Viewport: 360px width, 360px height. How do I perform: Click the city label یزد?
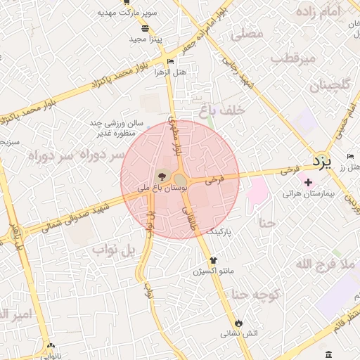(x=322, y=161)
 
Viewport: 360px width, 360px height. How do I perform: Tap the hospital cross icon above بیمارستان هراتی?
(x=308, y=182)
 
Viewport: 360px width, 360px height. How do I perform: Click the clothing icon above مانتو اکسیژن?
(x=213, y=260)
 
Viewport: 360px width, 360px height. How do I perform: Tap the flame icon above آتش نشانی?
(x=239, y=323)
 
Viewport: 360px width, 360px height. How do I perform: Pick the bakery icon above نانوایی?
(x=50, y=346)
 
